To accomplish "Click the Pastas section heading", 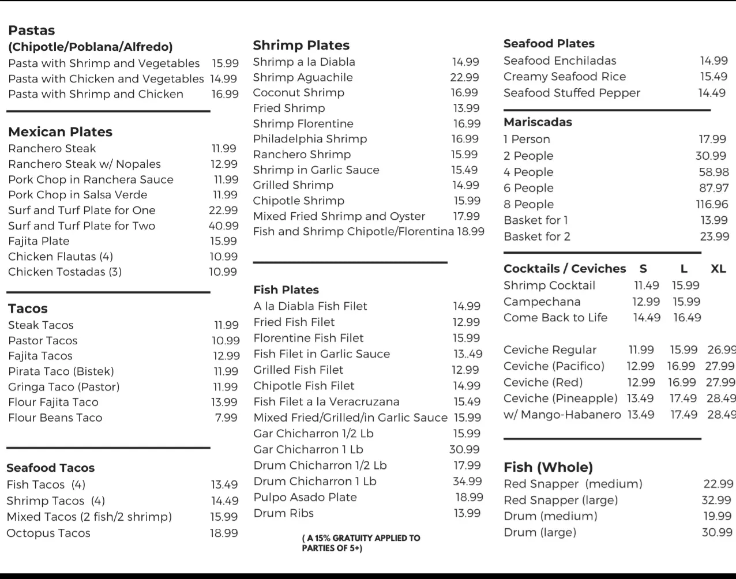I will (32, 31).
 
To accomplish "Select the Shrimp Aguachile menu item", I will (303, 77).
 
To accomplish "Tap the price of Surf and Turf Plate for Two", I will (224, 226).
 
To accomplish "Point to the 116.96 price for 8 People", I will (712, 204).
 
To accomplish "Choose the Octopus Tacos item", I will (48, 533).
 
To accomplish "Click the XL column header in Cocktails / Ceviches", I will (718, 269).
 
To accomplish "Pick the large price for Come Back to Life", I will (687, 318).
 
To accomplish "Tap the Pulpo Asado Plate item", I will (305, 497).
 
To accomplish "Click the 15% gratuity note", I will (361, 543).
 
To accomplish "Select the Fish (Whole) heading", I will (548, 467).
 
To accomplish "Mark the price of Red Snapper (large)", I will (716, 500).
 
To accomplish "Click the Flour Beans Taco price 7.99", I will (226, 418).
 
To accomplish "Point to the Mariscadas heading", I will (538, 122).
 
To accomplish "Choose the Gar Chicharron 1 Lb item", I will (308, 449).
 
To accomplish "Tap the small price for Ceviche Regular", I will (641, 350).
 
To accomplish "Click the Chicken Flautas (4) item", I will (61, 257).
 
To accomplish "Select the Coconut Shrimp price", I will (464, 93).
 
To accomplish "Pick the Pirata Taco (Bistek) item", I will (61, 371).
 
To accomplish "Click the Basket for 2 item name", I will (537, 236).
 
